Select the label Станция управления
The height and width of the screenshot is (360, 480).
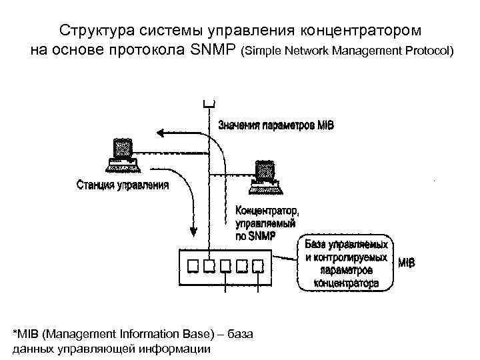click(x=123, y=185)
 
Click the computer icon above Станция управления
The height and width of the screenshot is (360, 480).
click(x=122, y=155)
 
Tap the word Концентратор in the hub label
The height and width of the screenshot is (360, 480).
click(x=266, y=211)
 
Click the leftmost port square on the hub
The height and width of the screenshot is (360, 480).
click(x=192, y=266)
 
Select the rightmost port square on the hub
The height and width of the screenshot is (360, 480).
click(x=257, y=266)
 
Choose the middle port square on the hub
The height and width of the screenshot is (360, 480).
click(x=225, y=266)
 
